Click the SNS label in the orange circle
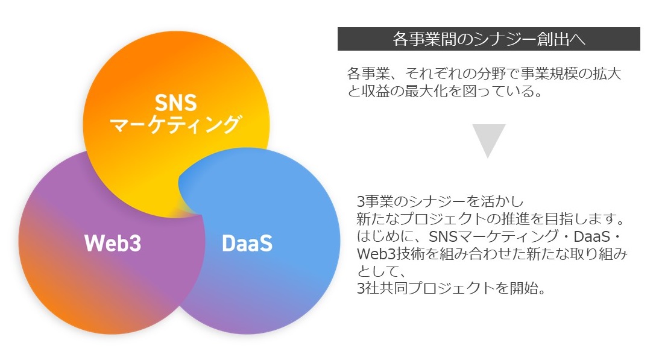pos(175,102)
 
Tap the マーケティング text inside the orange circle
pos(175,124)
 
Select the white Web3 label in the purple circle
pos(113,243)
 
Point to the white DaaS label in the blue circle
pos(247,243)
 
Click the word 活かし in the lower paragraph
pos(502,202)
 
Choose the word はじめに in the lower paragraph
pos(385,236)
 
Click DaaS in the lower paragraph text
pos(591,236)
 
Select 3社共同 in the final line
pos(382,288)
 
